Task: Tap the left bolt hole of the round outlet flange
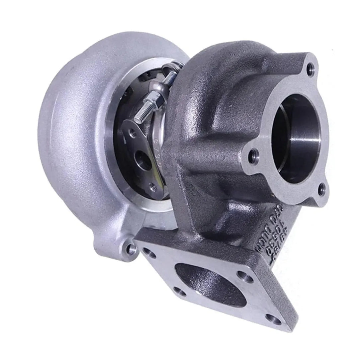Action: pos(254,154)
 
